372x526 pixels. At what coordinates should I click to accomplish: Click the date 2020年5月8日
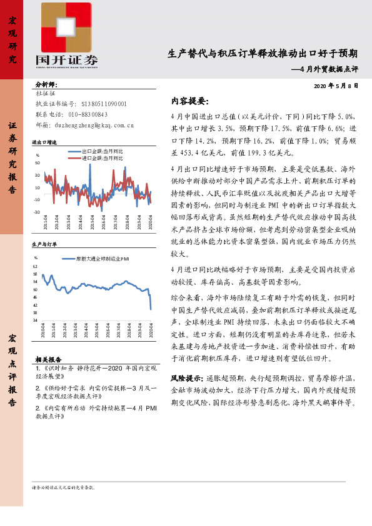tap(335, 86)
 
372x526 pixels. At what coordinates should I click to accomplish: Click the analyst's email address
tap(94, 125)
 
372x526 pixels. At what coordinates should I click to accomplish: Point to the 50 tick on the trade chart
tap(38, 163)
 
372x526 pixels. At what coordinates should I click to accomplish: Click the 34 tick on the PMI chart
tap(35, 319)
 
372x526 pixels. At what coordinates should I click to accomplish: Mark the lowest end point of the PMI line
tap(151, 309)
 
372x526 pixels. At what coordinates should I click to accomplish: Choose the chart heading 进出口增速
tap(44, 142)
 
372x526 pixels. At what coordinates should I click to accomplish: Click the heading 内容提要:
tap(189, 101)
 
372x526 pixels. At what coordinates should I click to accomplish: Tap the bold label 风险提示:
tap(186, 379)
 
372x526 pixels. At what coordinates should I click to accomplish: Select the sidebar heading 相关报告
tap(48, 360)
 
